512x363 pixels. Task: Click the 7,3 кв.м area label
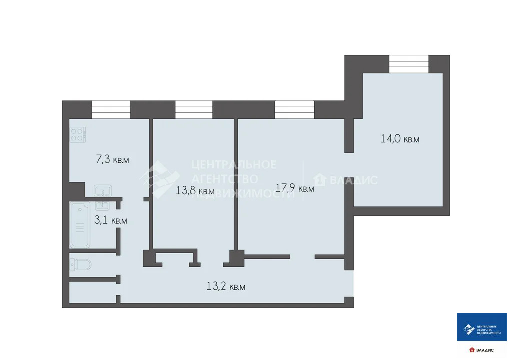pyautogui.click(x=112, y=160)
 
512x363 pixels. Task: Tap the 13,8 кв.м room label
pyautogui.click(x=195, y=191)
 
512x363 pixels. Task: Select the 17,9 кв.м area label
pyautogui.click(x=295, y=188)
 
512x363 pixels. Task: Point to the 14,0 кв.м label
pyautogui.click(x=400, y=139)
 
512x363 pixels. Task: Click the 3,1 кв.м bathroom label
pyautogui.click(x=111, y=220)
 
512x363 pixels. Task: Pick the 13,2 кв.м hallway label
pyautogui.click(x=226, y=287)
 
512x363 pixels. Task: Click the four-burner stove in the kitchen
pyautogui.click(x=78, y=134)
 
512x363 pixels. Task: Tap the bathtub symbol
pyautogui.click(x=80, y=225)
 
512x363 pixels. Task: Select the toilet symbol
pyautogui.click(x=80, y=264)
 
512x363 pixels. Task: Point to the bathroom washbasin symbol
pyautogui.click(x=102, y=205)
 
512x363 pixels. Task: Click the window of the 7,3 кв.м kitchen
pyautogui.click(x=111, y=109)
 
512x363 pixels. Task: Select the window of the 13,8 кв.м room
pyautogui.click(x=194, y=109)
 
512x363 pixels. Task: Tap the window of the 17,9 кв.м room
pyautogui.click(x=294, y=109)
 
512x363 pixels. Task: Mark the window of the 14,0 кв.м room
pyautogui.click(x=409, y=64)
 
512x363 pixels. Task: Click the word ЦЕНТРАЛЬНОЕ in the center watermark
pyautogui.click(x=234, y=164)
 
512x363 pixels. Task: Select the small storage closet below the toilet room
pyautogui.click(x=92, y=292)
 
